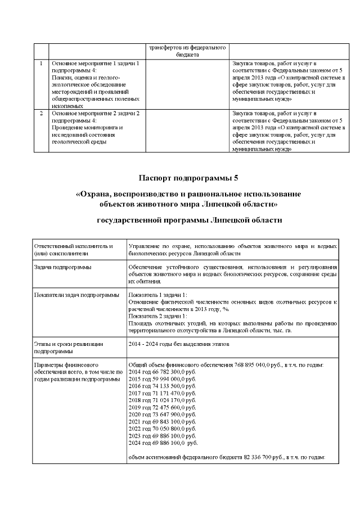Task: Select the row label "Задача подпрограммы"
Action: (62, 267)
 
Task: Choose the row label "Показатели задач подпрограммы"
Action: (76, 295)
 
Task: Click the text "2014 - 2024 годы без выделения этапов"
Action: (179, 343)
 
